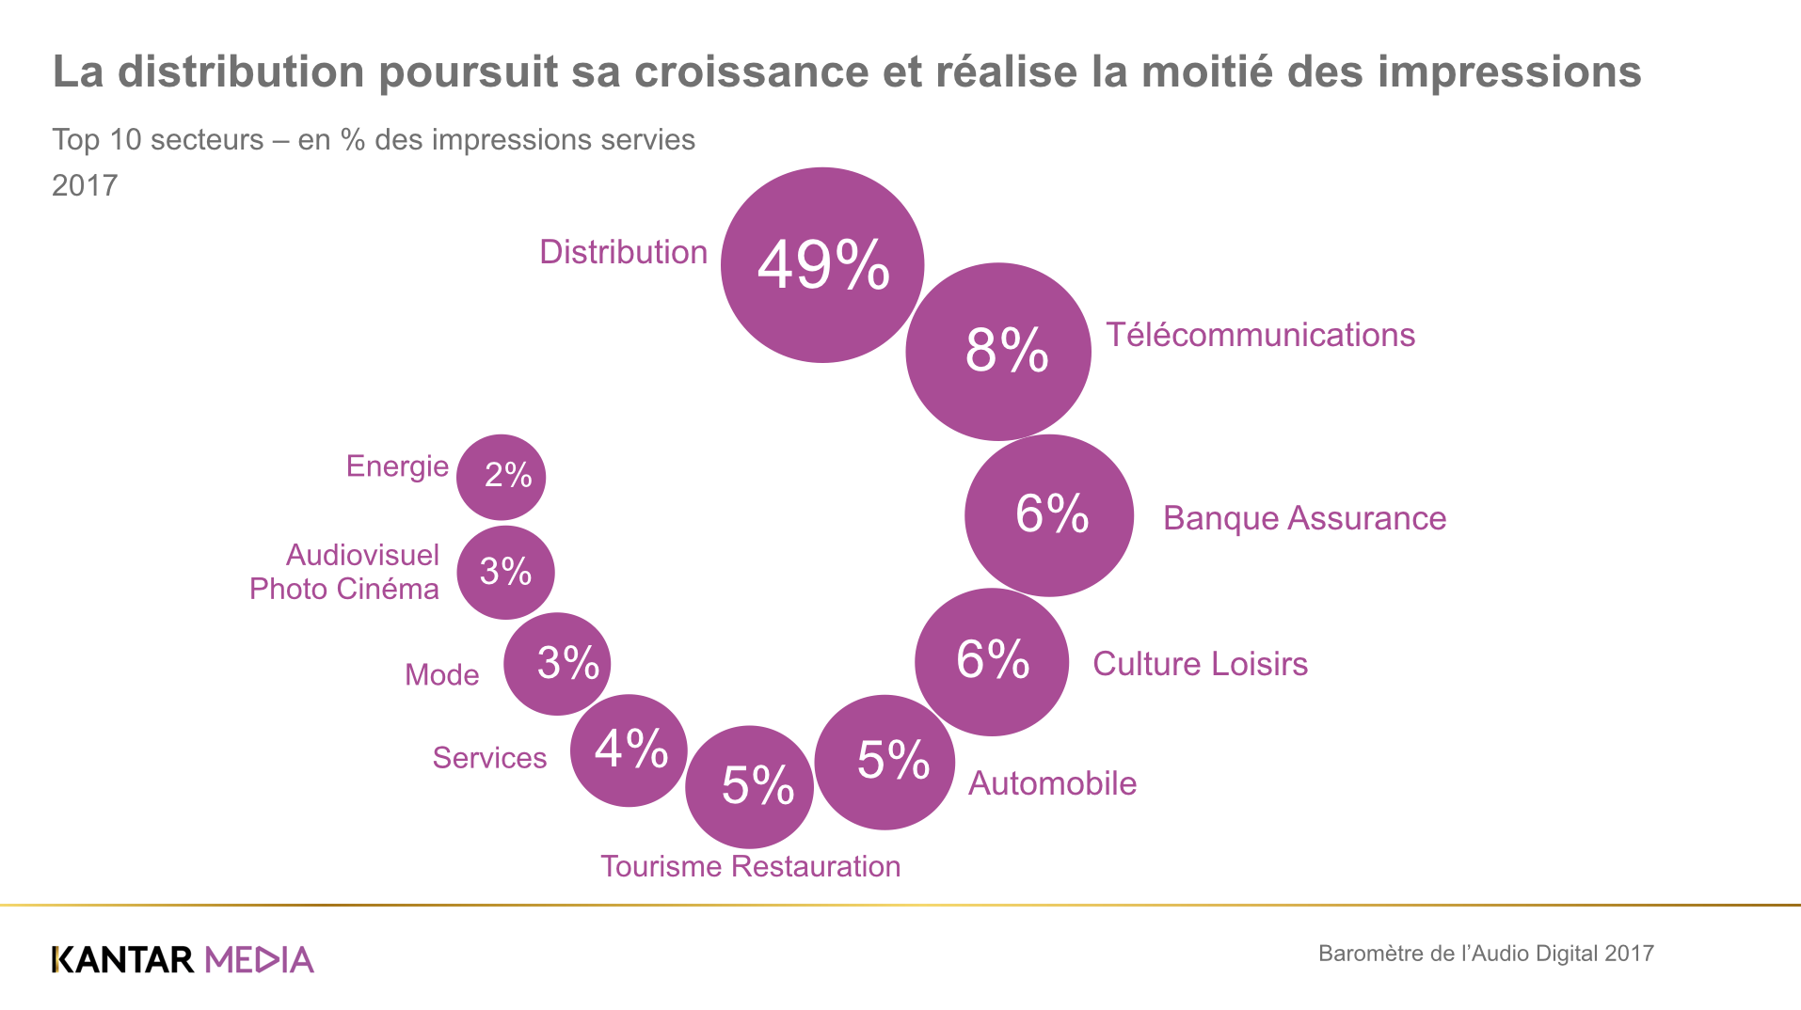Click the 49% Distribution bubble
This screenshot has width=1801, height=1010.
822,265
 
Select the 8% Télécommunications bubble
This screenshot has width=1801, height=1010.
998,351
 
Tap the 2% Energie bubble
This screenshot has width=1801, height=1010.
502,477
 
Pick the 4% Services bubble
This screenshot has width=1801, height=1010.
629,750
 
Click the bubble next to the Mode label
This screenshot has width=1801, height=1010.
557,664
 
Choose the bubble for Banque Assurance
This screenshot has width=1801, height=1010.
1049,515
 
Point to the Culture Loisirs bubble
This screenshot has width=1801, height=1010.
992,661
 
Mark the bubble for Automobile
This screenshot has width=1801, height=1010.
885,762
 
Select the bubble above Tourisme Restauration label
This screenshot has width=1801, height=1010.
750,786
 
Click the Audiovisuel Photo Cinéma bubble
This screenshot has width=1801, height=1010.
506,572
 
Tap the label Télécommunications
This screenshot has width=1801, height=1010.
1260,335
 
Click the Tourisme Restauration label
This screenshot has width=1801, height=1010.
750,866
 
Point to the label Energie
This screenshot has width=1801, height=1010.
397,466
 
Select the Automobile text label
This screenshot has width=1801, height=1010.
1052,783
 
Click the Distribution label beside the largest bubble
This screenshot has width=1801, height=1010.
623,252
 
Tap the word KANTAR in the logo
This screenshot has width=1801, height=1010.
123,959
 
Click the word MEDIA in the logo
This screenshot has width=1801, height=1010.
259,959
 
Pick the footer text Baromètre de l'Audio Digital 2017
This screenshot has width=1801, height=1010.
1486,954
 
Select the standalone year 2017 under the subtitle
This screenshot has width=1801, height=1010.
85,185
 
